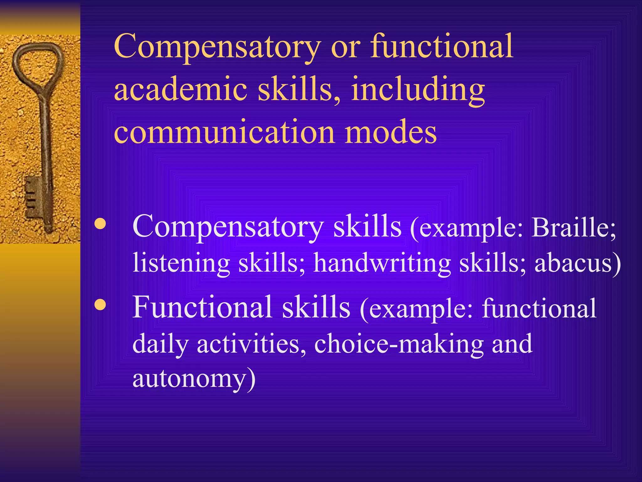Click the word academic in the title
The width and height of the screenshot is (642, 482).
coord(181,89)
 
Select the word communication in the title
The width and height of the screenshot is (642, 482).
coord(224,132)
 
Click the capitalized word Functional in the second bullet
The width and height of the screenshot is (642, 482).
coord(202,308)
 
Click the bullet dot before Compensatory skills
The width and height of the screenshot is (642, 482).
coord(100,224)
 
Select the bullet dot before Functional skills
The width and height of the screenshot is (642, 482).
coord(100,304)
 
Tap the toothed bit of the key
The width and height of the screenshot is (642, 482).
coord(33,196)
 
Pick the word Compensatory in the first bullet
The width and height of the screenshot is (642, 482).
coord(228,227)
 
